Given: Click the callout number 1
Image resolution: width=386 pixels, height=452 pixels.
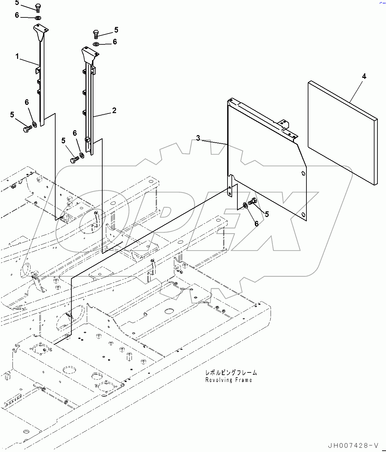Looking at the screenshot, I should click(x=17, y=57).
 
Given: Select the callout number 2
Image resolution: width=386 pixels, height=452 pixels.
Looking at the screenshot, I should click(x=114, y=110).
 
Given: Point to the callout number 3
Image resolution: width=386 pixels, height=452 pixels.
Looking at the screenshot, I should click(x=198, y=138).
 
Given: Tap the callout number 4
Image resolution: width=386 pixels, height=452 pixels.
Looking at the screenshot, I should click(x=364, y=76).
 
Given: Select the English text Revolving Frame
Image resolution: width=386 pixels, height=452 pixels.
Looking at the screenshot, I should click(x=229, y=380).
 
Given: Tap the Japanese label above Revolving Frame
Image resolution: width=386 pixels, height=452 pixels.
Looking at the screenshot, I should click(x=231, y=373).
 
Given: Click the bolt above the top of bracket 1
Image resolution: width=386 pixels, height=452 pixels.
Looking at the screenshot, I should click(x=37, y=8).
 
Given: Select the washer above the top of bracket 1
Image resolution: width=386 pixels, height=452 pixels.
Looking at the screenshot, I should click(x=37, y=17).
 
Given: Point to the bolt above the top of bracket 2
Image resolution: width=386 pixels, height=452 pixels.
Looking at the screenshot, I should click(x=96, y=34).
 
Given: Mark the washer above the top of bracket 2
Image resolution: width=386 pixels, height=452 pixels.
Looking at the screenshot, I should click(x=96, y=44).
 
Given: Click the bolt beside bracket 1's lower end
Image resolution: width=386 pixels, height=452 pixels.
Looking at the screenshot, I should click(x=27, y=129).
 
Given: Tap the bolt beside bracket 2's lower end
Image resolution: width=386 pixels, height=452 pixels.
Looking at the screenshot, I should click(x=74, y=160).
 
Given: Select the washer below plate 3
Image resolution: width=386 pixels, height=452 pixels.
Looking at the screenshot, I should click(x=246, y=205).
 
